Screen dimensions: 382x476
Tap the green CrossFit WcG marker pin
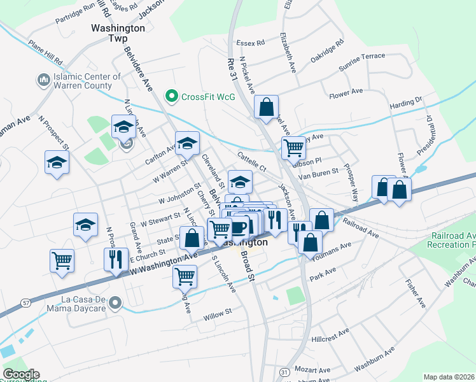coord(171,96)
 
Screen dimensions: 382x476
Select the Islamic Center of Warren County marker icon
coord(44,80)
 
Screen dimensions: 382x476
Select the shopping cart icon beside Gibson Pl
coord(293,148)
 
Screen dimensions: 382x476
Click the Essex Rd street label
coord(249,43)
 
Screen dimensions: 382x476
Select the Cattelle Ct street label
coord(252,161)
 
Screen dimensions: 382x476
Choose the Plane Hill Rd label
coord(45,53)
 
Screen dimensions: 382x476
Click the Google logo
coord(21,374)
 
